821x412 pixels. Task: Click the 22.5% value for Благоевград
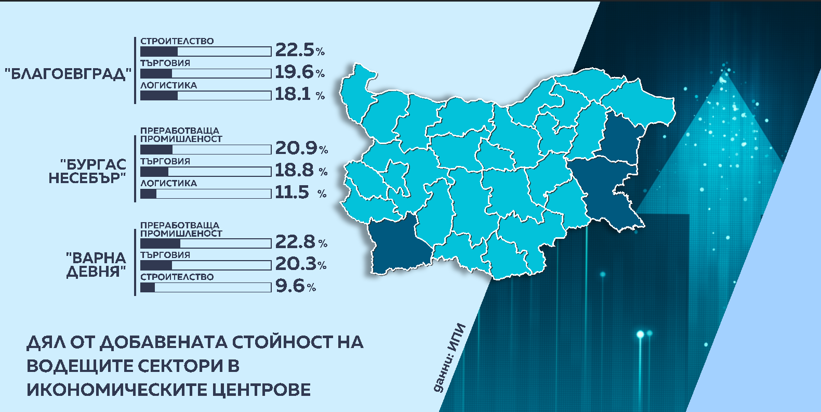[299, 50]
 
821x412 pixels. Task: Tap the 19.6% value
[299, 72]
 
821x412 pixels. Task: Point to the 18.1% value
[299, 94]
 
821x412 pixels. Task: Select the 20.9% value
[301, 148]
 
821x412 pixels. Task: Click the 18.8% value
[300, 171]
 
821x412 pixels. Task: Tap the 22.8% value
[301, 242]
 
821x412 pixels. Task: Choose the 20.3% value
[300, 264]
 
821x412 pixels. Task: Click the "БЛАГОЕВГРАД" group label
[66, 74]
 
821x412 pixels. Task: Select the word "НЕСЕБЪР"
[87, 178]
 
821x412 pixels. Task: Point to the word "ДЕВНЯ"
[96, 272]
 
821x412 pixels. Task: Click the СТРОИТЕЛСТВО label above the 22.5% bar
[177, 41]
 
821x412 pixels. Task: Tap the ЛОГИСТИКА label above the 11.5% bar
[168, 183]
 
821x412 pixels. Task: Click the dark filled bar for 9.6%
[148, 287]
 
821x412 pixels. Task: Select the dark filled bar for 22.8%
[160, 243]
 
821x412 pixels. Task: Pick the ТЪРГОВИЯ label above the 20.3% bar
[165, 255]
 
